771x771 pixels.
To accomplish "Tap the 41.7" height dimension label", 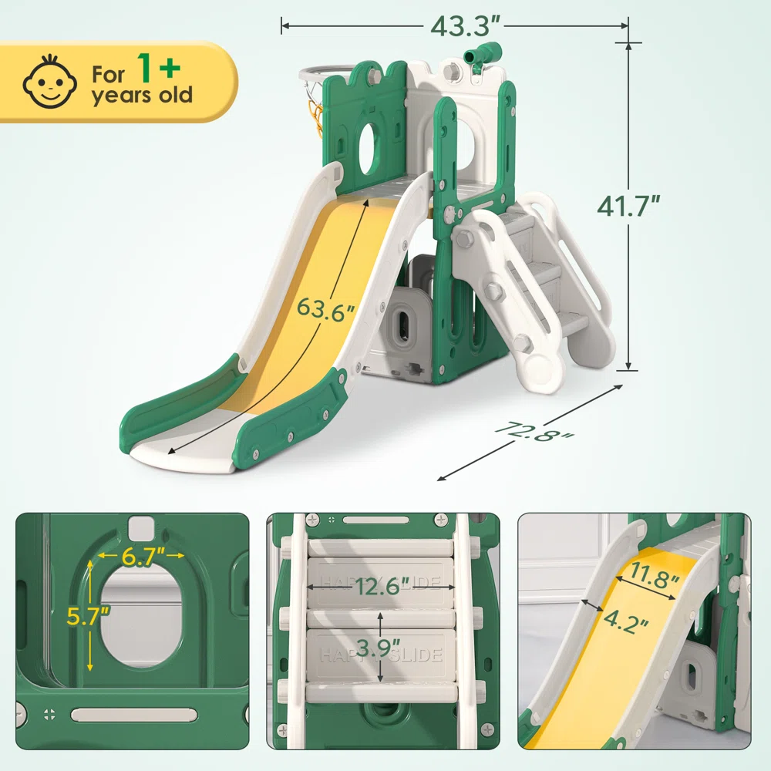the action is click(x=628, y=206).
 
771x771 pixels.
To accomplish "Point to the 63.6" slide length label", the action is click(x=325, y=310).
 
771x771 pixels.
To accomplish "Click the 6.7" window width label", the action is click(x=142, y=556).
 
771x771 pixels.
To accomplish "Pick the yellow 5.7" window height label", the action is click(x=88, y=615).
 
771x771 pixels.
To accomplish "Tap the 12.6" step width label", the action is click(x=382, y=586).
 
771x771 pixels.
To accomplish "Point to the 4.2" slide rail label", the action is click(x=625, y=621).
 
